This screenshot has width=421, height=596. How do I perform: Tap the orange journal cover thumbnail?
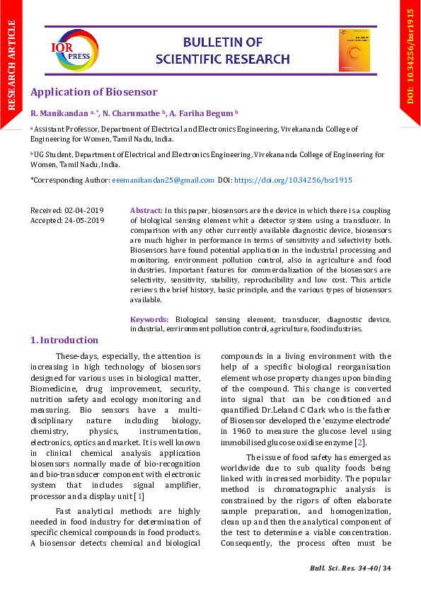354,50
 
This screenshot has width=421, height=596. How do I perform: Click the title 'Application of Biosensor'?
93,92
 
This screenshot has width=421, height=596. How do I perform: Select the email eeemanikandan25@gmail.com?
163,180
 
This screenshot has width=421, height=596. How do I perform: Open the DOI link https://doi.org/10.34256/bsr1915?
292,180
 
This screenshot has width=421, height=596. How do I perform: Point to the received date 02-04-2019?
84,211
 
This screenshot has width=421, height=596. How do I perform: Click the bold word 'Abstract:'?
146,211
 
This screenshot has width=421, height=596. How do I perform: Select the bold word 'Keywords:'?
149,320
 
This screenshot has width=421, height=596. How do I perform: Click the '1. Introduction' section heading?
64,340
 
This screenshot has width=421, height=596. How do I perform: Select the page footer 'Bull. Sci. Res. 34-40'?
343,568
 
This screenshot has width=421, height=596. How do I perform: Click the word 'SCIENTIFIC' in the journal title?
188,59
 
